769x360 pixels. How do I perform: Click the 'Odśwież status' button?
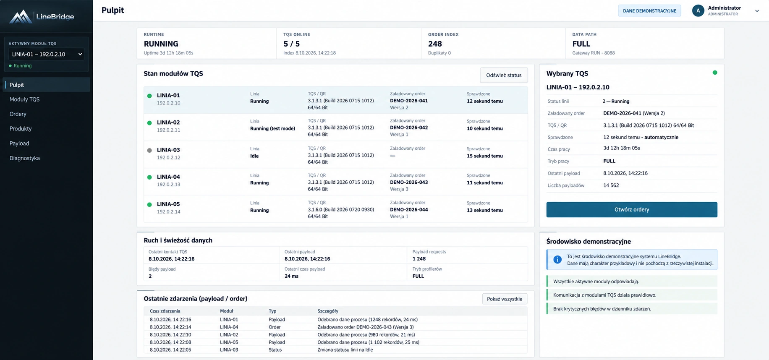[x=504, y=75]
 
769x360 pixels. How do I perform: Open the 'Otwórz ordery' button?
[x=632, y=209]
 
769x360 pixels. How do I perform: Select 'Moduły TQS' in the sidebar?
[x=24, y=99]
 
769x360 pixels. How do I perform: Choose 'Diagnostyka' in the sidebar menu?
[x=25, y=158]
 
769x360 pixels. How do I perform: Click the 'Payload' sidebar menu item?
[x=19, y=143]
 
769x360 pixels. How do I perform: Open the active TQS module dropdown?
[x=46, y=54]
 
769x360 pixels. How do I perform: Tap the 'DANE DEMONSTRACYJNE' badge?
[x=649, y=11]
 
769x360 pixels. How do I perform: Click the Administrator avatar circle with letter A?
[x=698, y=11]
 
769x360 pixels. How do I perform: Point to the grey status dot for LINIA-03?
[x=149, y=150]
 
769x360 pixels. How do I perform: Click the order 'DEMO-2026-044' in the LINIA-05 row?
[x=409, y=209]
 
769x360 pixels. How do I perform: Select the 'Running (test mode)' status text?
[x=272, y=128]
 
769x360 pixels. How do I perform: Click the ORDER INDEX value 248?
[x=435, y=44]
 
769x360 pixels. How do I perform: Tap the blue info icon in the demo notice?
[x=557, y=260]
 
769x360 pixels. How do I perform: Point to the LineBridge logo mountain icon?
[x=21, y=17]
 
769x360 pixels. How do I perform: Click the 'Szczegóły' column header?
[x=328, y=311]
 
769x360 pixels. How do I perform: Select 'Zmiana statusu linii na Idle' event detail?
[x=345, y=350]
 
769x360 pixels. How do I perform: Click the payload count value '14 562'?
[x=611, y=185]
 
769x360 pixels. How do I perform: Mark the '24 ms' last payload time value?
[x=291, y=276]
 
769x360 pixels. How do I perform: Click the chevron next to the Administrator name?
[x=757, y=11]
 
